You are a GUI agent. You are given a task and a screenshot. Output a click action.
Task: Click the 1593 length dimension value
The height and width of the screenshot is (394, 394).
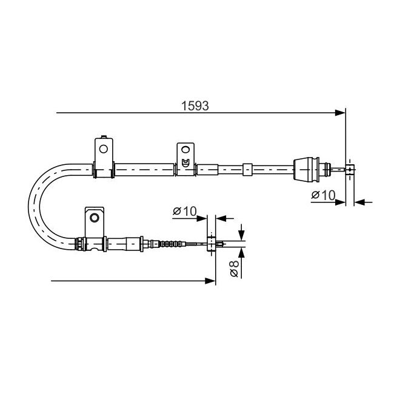(195, 106)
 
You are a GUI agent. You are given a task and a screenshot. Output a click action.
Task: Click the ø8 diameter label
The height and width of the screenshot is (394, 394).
(234, 269)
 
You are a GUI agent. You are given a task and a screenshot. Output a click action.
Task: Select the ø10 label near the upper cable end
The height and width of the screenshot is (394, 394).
(324, 195)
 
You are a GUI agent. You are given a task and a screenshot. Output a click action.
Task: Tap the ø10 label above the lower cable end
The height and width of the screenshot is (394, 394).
(185, 212)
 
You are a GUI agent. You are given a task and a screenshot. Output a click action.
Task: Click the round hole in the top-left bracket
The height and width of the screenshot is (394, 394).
(104, 149)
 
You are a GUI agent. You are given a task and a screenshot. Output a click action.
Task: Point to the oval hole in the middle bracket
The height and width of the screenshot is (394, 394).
(185, 150)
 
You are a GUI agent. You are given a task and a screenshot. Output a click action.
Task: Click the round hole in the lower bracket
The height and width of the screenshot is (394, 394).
(95, 218)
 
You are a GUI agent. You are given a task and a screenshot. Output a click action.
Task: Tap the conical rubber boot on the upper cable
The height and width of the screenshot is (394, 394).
(306, 169)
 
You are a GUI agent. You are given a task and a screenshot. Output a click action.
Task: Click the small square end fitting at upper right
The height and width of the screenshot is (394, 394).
(350, 169)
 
